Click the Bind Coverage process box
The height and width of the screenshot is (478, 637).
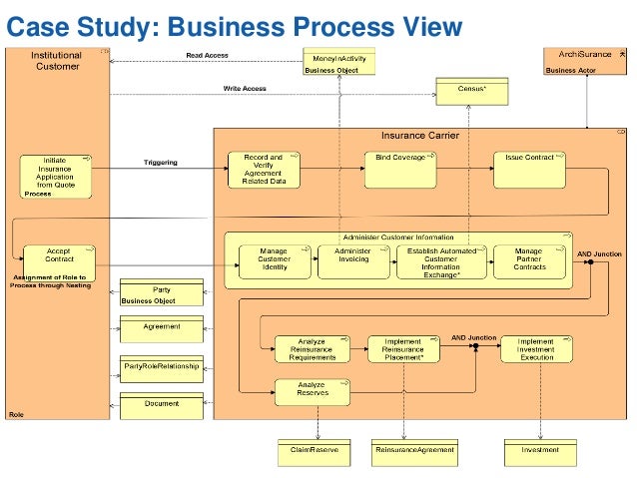click(400, 169)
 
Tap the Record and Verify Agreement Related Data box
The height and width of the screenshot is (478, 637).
click(263, 169)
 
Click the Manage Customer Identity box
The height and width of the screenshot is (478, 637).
click(274, 261)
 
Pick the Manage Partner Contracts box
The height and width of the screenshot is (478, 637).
click(528, 261)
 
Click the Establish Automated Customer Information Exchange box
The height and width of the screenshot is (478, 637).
click(442, 261)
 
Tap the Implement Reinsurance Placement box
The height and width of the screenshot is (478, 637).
click(403, 348)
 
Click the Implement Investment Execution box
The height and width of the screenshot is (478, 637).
click(536, 348)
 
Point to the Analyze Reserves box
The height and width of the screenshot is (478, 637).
click(313, 391)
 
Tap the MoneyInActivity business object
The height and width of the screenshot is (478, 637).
click(339, 61)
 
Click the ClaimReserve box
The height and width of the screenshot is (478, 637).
click(316, 452)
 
